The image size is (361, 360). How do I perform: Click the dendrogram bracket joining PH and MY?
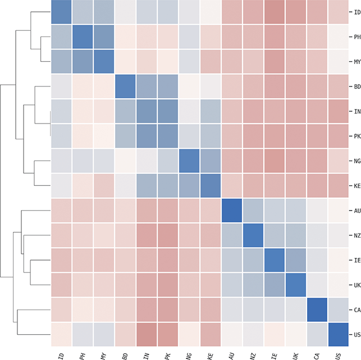point(40,49)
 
